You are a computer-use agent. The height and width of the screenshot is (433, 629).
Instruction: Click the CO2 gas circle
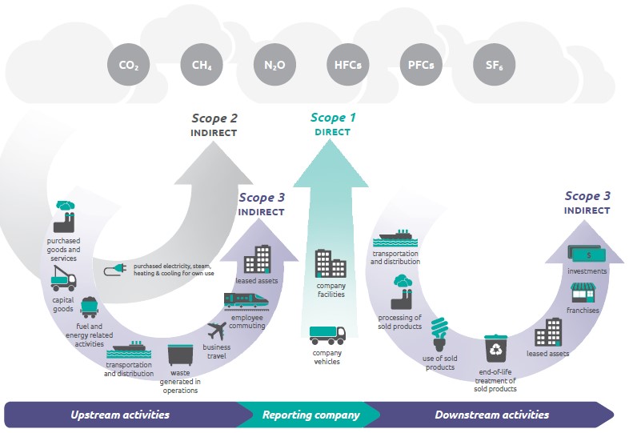pos(128,65)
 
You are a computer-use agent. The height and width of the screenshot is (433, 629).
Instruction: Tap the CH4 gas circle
pos(202,65)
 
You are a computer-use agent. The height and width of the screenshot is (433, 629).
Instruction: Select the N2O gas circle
pos(274,65)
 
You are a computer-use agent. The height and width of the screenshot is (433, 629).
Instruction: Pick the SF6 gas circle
pos(495,65)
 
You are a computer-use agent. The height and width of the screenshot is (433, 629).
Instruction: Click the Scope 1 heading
pos(333,118)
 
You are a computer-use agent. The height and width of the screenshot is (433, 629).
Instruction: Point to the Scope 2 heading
pos(214,118)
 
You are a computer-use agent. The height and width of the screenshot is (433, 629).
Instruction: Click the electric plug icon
pos(115,270)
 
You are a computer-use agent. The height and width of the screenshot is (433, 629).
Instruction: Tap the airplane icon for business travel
pos(217,331)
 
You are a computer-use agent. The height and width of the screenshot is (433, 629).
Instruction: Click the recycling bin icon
pos(496,348)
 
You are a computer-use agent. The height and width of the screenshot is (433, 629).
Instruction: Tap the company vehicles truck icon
pos(327,335)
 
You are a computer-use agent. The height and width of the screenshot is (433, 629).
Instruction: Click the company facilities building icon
pos(331,263)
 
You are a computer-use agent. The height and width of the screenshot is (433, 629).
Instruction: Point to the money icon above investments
pos(587,254)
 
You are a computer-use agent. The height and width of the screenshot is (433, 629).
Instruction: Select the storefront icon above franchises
pos(583,293)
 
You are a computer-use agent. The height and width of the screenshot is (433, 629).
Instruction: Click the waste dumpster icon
pos(180,355)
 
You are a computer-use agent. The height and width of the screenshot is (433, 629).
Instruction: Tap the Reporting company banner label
pos(310,415)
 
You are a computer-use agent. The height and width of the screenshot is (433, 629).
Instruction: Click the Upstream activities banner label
pos(120,415)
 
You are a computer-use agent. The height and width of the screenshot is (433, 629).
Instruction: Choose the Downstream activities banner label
pos(492,415)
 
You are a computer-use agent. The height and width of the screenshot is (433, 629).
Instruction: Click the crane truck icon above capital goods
pos(63,278)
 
